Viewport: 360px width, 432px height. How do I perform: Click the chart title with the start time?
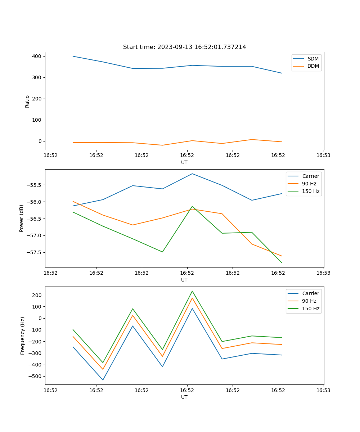pos(184,47)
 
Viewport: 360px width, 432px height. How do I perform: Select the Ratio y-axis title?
pos(27,101)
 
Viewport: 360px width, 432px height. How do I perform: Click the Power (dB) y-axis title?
pos(22,218)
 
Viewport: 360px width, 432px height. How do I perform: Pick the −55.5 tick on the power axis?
pos(35,185)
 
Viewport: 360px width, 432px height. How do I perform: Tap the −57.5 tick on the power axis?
pos(35,252)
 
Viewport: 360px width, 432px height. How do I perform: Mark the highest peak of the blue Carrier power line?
pos(192,174)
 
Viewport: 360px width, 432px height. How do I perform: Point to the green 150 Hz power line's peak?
pos(192,206)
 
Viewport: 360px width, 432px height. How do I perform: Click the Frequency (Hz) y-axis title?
pos(23,336)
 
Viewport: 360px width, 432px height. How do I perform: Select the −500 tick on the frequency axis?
pos(36,376)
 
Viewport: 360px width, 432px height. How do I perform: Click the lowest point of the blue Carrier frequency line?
pos(103,380)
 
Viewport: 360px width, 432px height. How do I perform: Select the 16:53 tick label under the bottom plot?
pos(323,390)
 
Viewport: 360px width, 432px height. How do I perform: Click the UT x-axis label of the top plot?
pos(184,162)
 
